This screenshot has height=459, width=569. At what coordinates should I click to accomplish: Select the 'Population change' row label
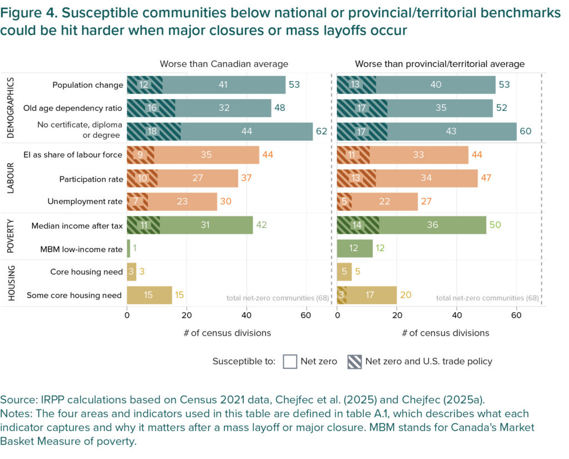click(88, 85)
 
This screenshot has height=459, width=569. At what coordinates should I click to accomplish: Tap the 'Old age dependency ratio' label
click(81, 108)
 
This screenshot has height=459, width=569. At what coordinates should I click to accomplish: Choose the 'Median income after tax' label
click(77, 225)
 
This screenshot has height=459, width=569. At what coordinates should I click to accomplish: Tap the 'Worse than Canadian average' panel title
click(224, 64)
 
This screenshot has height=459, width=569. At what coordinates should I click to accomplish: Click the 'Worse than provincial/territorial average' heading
click(440, 64)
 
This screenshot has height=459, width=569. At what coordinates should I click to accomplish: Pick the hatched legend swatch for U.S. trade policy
click(353, 361)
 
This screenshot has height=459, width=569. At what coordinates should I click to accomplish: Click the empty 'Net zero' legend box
click(289, 361)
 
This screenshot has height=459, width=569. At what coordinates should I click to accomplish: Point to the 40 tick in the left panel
click(246, 315)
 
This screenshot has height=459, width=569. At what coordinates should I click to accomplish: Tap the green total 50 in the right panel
click(495, 225)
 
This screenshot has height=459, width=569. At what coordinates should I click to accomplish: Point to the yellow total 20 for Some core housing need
click(406, 295)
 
